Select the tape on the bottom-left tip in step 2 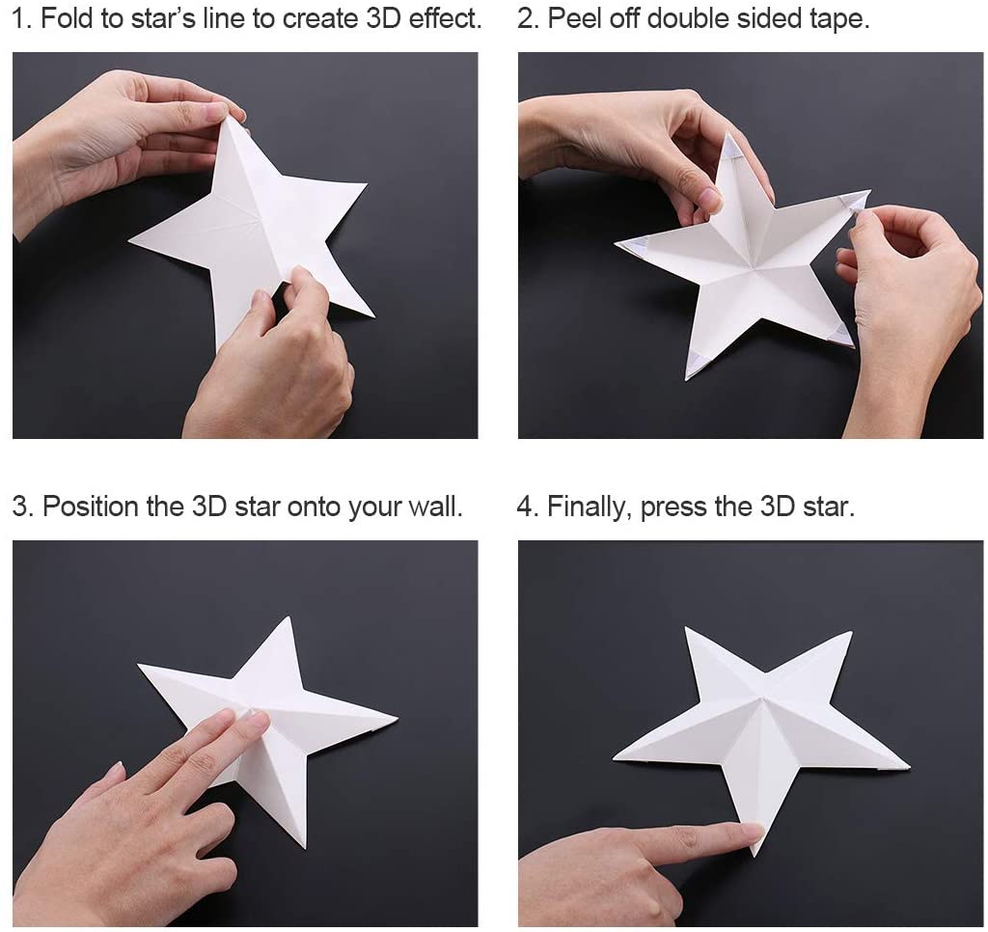(698, 363)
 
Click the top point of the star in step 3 (289, 617)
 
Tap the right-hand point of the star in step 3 (398, 718)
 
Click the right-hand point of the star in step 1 (367, 184)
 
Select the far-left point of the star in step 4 (614, 757)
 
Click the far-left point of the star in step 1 (128, 240)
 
